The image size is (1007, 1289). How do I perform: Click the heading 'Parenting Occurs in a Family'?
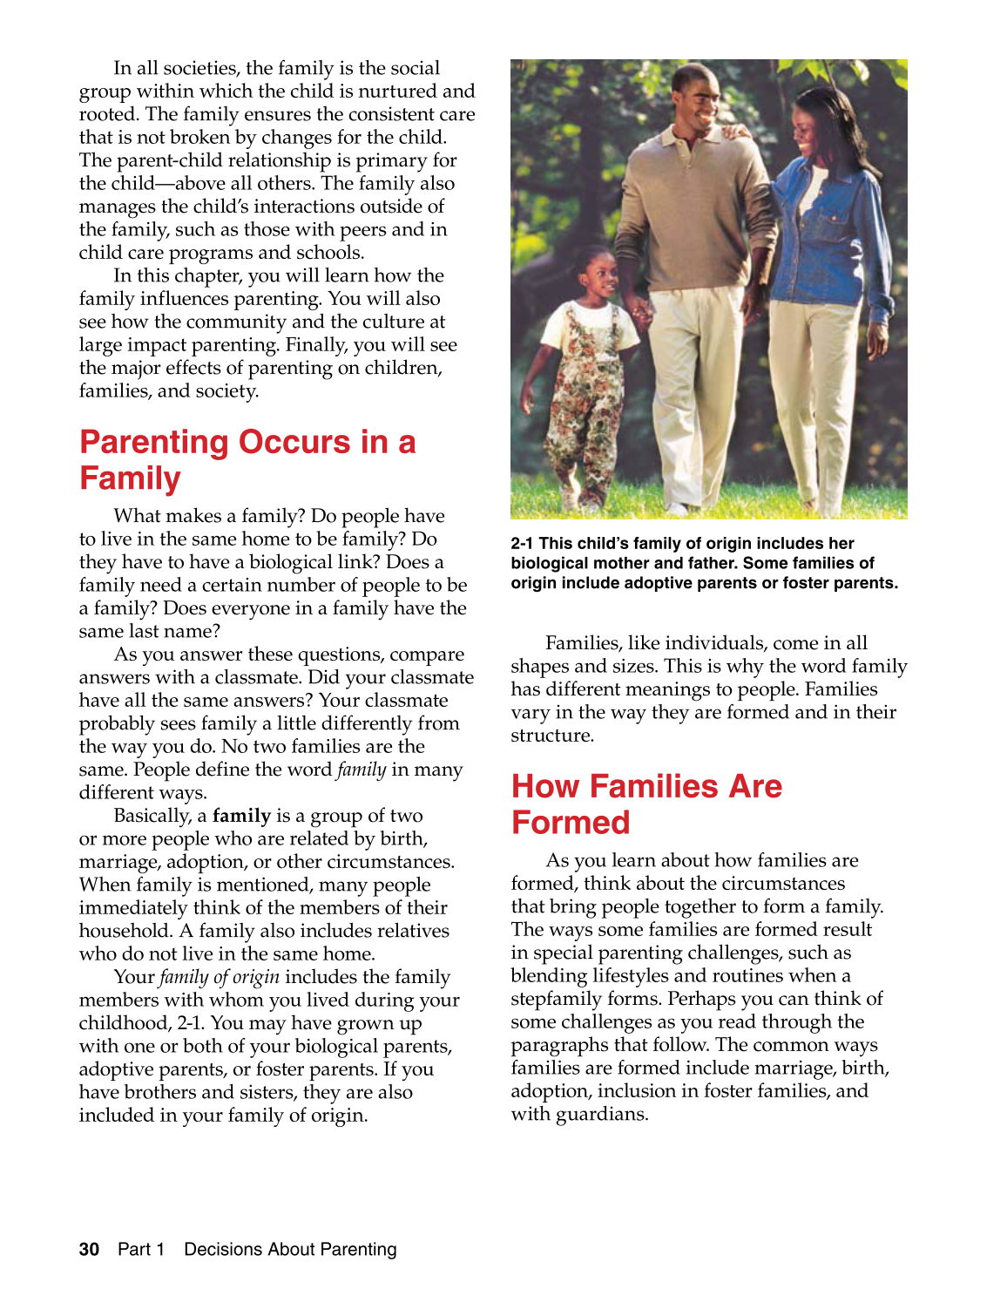tap(247, 460)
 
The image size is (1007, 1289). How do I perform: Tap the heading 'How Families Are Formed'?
tap(646, 804)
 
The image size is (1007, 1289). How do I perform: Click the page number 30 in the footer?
tap(89, 1249)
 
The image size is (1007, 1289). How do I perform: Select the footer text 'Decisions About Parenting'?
tap(290, 1249)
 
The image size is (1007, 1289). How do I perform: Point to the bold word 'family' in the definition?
tap(241, 816)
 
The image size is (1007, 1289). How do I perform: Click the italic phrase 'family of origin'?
tap(220, 977)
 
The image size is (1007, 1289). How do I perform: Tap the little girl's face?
tap(600, 276)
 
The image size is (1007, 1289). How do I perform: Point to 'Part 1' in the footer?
tap(141, 1249)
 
